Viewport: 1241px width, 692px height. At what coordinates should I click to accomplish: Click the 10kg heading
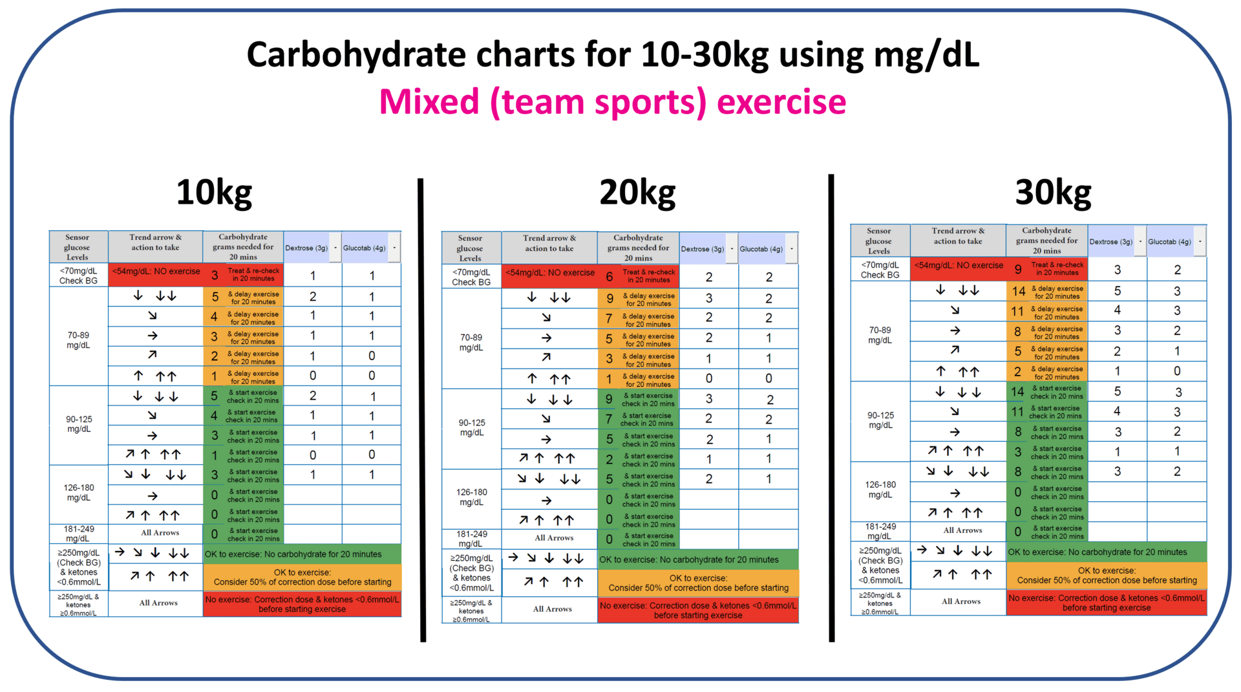[214, 193]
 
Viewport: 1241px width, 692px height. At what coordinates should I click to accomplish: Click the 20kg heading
[637, 193]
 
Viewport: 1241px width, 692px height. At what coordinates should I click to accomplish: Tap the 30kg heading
[1053, 193]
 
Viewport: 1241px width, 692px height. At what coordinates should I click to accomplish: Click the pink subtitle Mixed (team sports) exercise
[612, 102]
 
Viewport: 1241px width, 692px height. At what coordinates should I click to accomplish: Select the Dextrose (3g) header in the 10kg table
[306, 248]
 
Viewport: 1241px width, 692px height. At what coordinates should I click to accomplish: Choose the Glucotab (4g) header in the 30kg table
[1169, 242]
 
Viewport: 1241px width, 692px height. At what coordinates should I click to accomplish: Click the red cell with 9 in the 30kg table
[1018, 270]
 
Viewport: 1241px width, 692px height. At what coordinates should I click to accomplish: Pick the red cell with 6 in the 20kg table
[610, 277]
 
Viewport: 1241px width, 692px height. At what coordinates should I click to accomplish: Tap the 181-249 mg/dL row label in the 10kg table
[78, 534]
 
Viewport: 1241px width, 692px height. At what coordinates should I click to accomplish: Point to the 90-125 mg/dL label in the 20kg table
[471, 427]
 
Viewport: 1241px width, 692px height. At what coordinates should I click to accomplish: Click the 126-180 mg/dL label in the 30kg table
[880, 490]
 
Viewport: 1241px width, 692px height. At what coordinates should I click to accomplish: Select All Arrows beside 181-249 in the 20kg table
[554, 538]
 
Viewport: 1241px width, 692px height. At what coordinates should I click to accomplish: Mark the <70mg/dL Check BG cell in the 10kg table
[78, 276]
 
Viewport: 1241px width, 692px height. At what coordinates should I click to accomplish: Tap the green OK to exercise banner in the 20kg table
[698, 560]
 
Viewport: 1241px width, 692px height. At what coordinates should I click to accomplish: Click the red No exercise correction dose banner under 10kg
[302, 604]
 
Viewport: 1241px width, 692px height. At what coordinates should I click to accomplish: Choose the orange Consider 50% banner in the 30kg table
[1106, 576]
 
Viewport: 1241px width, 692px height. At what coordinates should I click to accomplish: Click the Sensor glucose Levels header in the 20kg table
[470, 248]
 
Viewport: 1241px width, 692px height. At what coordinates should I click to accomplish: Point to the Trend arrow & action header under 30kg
[958, 236]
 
